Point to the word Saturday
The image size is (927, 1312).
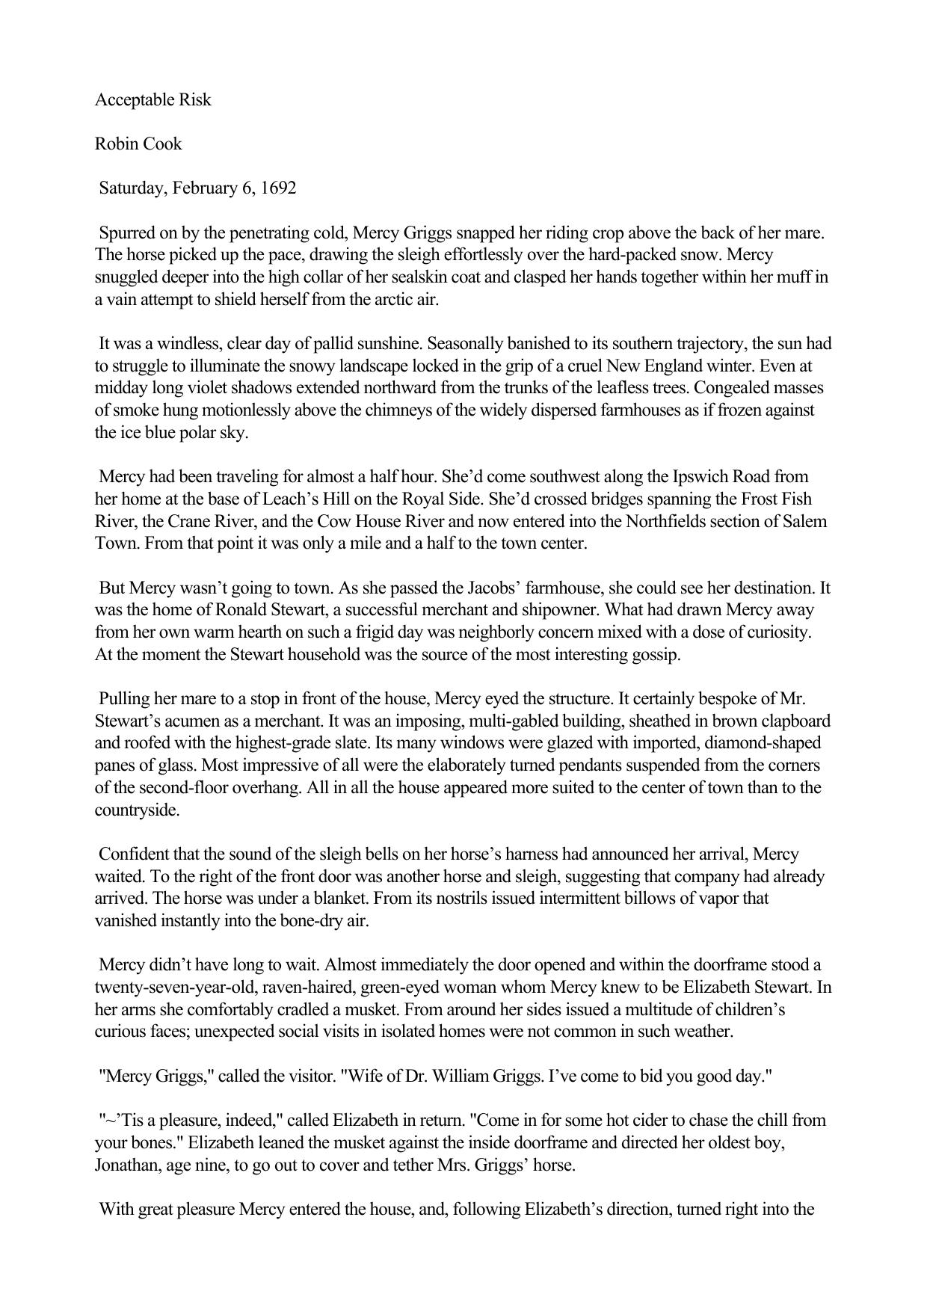tap(132, 188)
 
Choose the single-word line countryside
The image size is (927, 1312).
tap(137, 810)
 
